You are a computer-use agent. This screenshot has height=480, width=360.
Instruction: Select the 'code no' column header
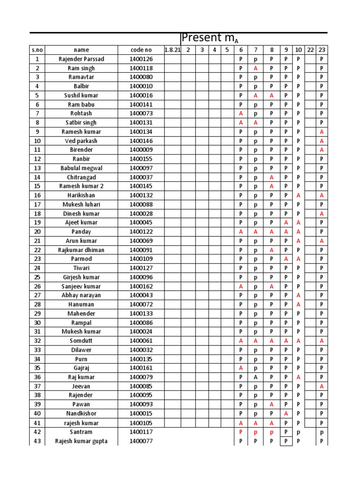141,50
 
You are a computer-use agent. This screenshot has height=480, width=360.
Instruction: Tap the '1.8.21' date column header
172,50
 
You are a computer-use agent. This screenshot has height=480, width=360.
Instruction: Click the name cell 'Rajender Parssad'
81,59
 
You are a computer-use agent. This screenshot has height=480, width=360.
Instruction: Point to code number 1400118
141,68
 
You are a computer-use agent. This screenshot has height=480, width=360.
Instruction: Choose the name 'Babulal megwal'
81,168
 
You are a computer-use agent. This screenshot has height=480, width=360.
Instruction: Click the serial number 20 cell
37,232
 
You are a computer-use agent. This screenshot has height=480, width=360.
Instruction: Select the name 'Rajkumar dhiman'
81,250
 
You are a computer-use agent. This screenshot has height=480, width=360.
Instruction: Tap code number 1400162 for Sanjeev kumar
141,286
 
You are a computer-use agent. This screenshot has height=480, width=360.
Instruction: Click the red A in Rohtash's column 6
240,113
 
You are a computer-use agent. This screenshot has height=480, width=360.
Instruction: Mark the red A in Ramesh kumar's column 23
322,132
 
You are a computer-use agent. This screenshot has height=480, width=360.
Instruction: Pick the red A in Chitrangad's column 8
271,177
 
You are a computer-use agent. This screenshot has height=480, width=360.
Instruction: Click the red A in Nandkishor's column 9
285,413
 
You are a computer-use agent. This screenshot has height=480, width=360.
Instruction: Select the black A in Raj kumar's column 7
256,377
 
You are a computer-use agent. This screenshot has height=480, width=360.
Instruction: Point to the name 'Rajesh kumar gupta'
81,441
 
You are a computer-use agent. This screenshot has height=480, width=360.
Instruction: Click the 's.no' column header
37,50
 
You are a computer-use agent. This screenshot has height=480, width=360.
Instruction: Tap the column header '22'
310,50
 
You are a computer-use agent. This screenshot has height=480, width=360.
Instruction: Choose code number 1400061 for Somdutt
141,341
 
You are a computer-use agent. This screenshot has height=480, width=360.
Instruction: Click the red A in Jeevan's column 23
322,386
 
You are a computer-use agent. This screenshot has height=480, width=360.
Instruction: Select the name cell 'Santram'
81,432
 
